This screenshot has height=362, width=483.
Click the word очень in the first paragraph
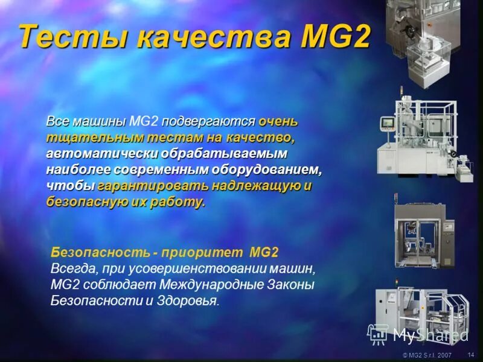click(x=278, y=121)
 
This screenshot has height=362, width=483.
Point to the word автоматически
click(x=97, y=153)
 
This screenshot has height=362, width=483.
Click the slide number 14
click(x=471, y=355)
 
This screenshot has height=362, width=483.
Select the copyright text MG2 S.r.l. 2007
click(x=427, y=355)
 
